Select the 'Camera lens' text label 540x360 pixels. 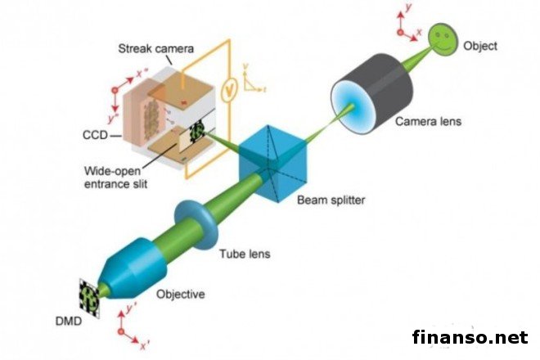click(428, 122)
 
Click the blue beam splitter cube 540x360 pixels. click(271, 158)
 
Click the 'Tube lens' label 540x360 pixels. click(244, 254)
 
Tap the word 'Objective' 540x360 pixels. click(181, 294)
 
